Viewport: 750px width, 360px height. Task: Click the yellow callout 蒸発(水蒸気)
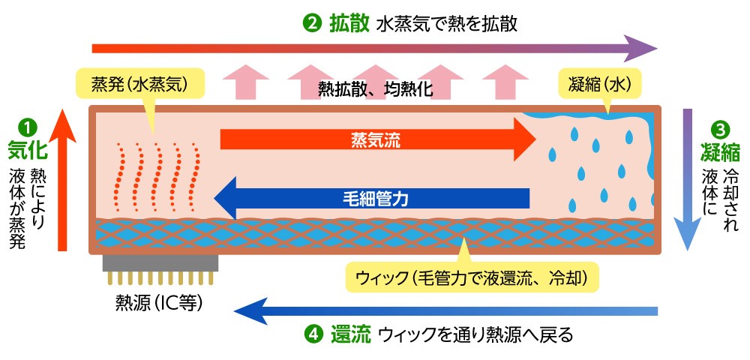click(x=139, y=85)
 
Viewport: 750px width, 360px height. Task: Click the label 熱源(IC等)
click(x=159, y=303)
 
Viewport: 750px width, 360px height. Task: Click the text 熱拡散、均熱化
click(x=375, y=88)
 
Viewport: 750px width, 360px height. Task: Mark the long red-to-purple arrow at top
click(x=375, y=48)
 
